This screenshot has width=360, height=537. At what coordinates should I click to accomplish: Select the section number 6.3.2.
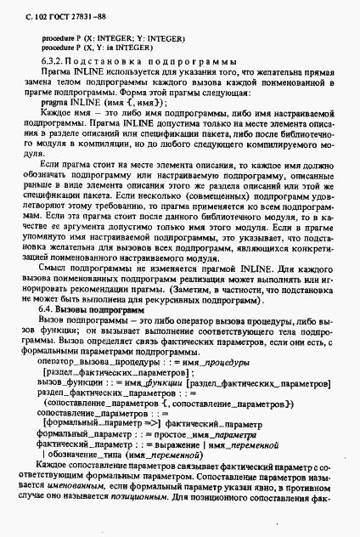tap(53, 62)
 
